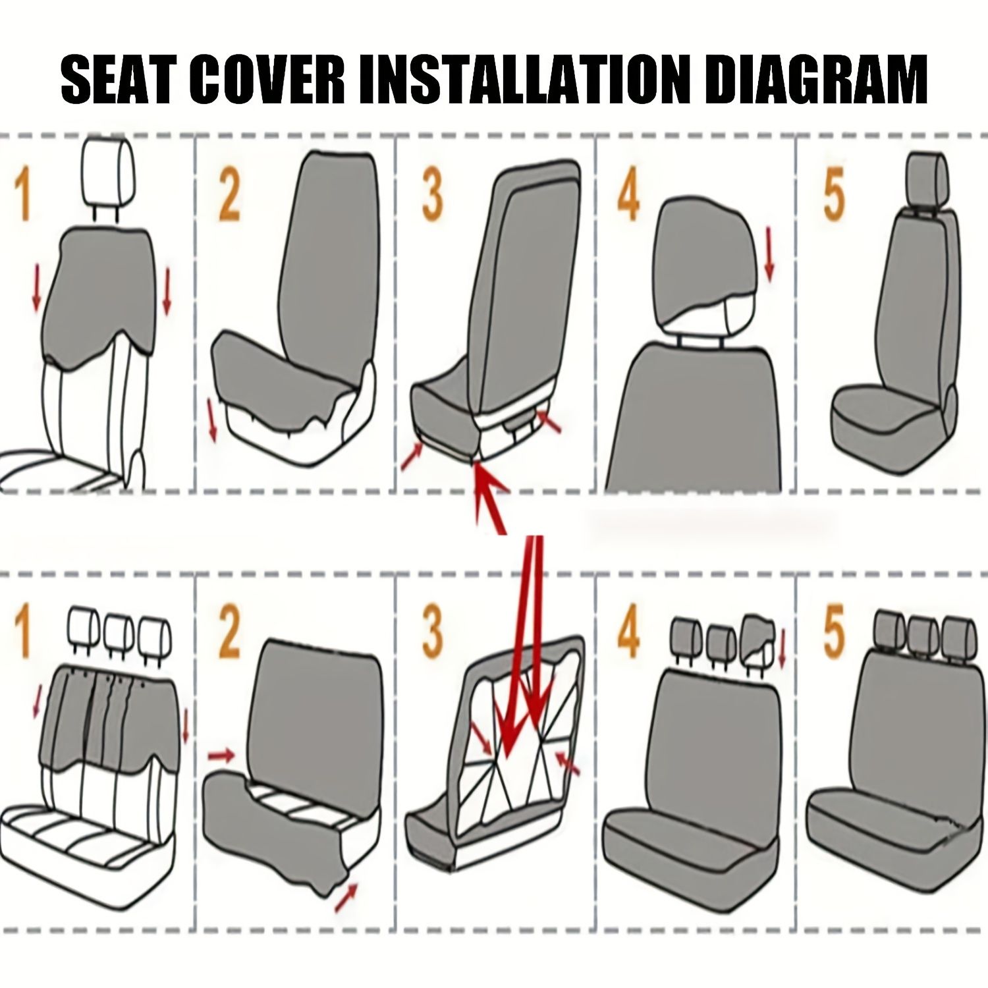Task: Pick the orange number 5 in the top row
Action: point(834,196)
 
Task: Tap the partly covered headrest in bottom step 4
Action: point(759,638)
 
